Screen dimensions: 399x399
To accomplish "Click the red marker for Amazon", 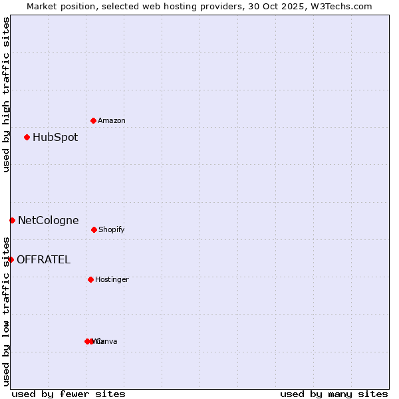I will [93, 120].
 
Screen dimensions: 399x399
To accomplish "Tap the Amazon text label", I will [112, 121].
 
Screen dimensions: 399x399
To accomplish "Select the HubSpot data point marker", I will [27, 138].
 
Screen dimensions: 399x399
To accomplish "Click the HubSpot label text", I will [55, 138].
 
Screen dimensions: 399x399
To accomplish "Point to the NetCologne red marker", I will [12, 220].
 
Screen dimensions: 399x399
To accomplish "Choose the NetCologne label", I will [48, 221].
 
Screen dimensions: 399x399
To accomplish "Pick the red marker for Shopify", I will [94, 229].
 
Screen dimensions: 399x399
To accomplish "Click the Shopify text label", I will [112, 230].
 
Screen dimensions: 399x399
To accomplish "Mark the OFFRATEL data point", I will [11, 259].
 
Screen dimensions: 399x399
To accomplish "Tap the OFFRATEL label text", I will [43, 260].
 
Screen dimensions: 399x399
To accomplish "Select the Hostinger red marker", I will [90, 279].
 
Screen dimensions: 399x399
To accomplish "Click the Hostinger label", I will [112, 280].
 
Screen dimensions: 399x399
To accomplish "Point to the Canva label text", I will [108, 342].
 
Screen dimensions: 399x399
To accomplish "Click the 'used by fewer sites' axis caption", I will [68, 394].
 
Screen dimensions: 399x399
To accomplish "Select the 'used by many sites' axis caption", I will [334, 394].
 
